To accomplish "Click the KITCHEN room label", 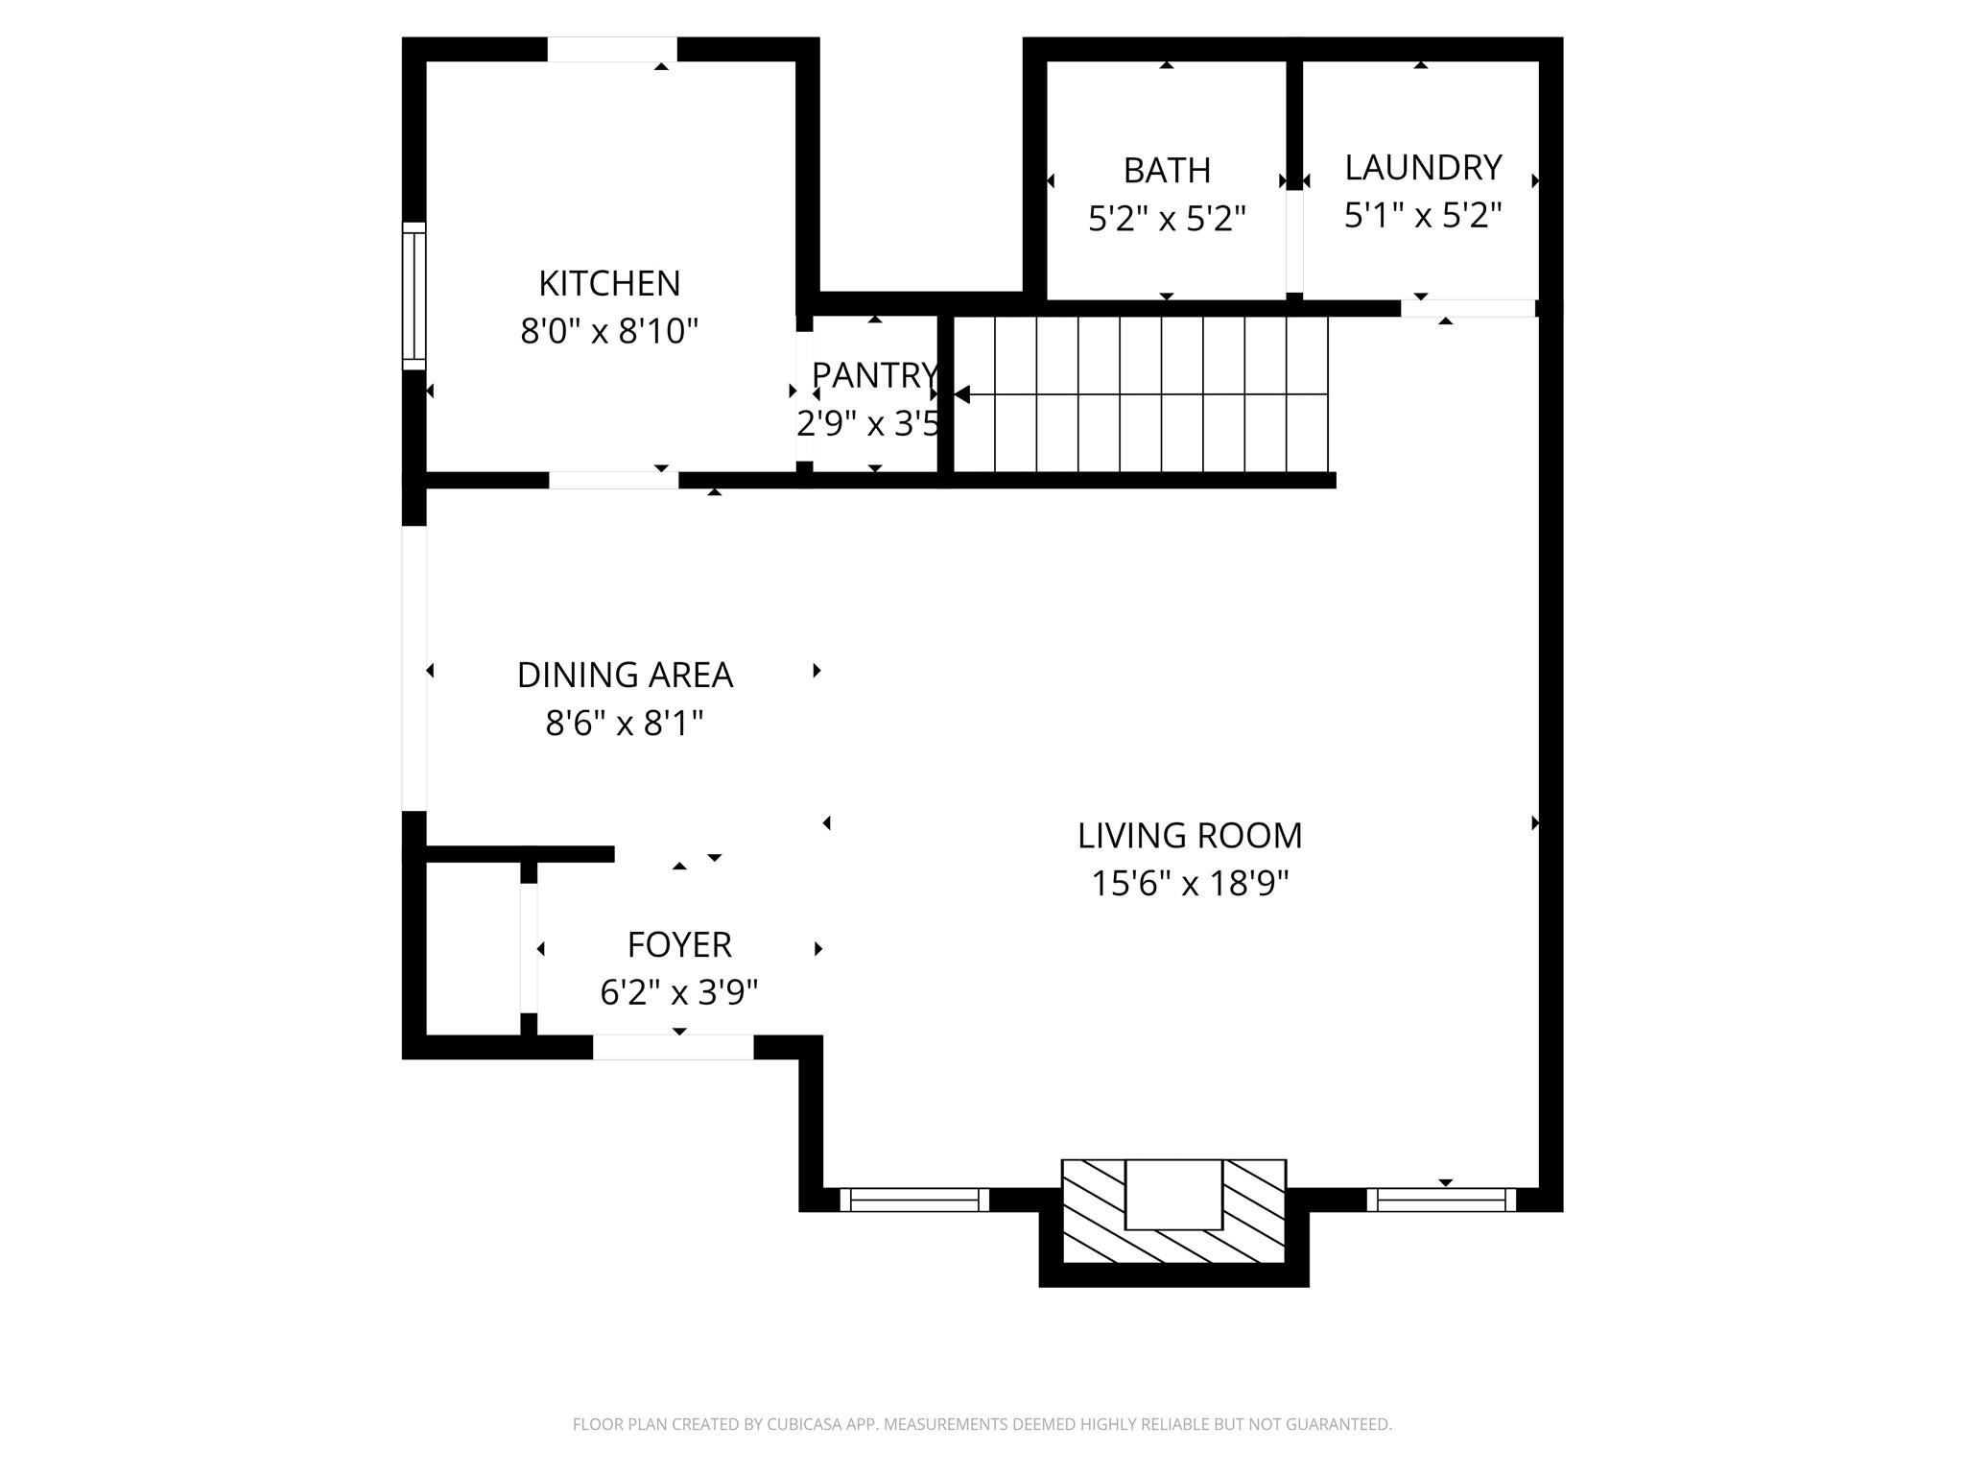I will click(609, 284).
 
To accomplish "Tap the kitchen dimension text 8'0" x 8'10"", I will click(609, 332).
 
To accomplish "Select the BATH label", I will click(1167, 171).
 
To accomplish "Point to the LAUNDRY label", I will click(1422, 168).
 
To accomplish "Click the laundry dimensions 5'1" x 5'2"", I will click(1422, 216).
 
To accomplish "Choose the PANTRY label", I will click(873, 375).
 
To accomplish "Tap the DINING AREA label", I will click(625, 676).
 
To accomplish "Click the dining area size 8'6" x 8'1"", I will click(625, 723).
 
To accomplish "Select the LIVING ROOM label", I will click(1190, 836).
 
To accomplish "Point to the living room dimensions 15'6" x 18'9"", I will click(1190, 883).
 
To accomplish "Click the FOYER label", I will click(679, 945).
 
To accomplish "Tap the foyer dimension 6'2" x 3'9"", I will click(679, 992).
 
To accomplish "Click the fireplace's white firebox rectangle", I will click(1173, 1194).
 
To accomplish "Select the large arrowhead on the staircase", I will click(962, 394).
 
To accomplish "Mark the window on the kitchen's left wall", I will click(414, 296).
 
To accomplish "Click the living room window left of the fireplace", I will click(914, 1200).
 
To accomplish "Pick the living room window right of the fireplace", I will click(1441, 1200).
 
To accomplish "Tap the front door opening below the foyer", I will click(673, 1047).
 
